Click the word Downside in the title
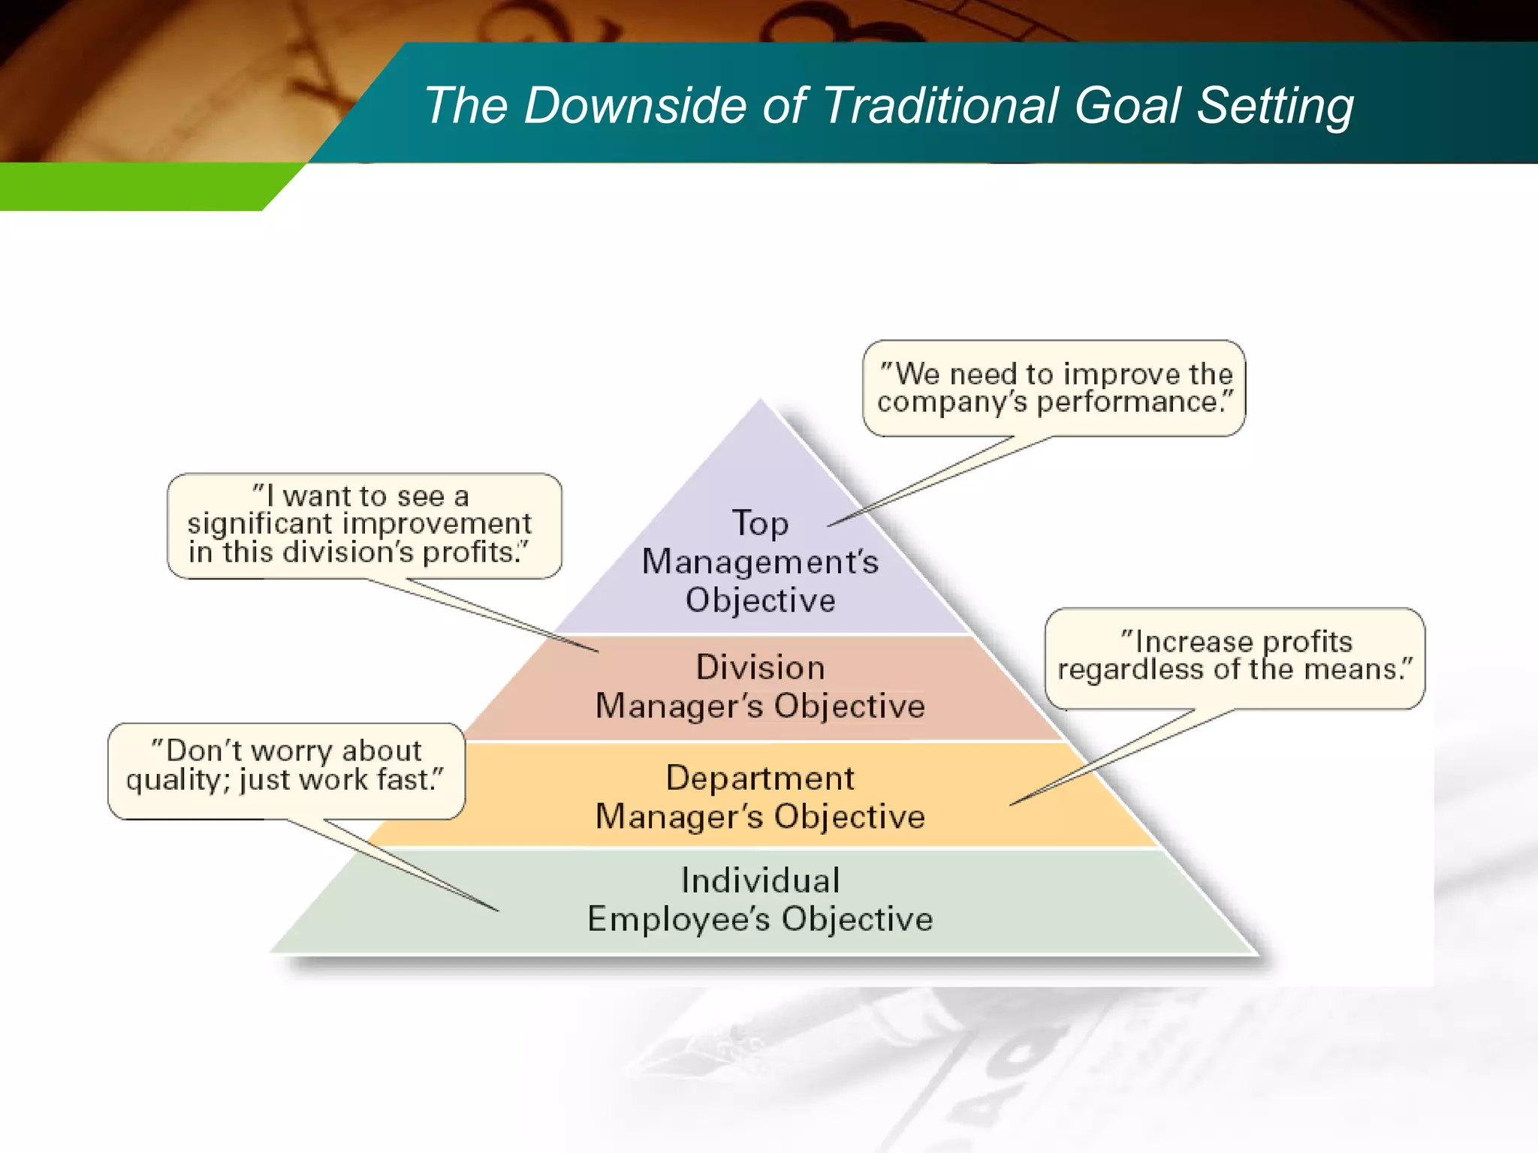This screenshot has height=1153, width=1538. tap(635, 105)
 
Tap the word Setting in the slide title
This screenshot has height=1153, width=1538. tap(1275, 107)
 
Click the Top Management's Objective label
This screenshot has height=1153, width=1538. tap(760, 561)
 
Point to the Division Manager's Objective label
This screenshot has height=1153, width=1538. tap(760, 687)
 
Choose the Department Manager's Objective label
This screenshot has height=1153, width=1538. tap(760, 797)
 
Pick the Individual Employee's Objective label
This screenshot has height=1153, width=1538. tap(760, 899)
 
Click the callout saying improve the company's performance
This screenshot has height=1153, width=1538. tap(1054, 388)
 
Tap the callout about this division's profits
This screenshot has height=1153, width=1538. tap(363, 525)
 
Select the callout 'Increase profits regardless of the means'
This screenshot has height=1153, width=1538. tap(1235, 656)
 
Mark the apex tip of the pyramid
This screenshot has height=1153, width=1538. tap(760, 402)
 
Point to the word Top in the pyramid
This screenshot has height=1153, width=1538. tap(760, 524)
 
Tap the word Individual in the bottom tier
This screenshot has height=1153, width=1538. tap(760, 881)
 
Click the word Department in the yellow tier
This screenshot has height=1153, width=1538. tap(760, 778)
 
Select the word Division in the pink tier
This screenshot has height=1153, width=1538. tap(760, 667)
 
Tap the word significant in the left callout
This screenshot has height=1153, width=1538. tap(259, 524)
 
